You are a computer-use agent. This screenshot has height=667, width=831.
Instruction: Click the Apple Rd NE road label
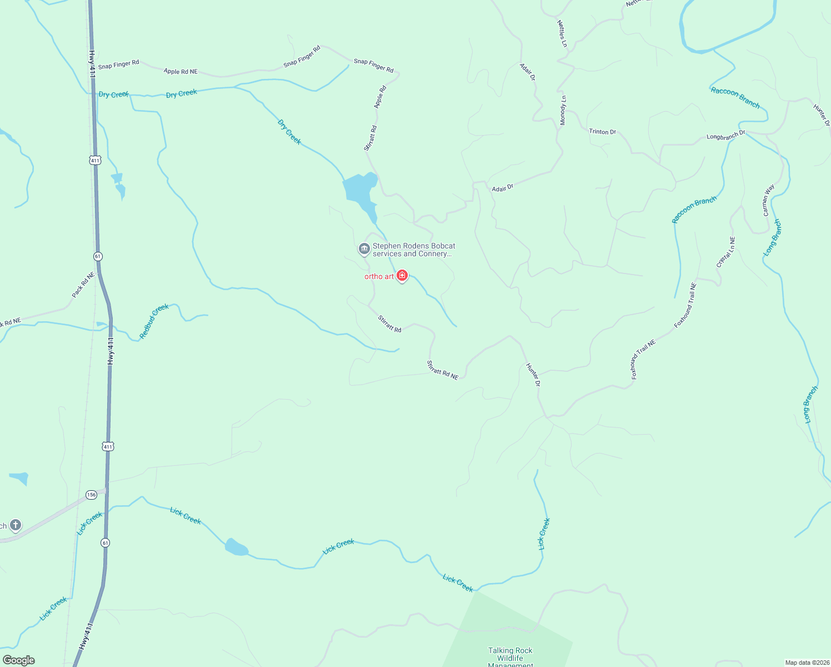tap(181, 72)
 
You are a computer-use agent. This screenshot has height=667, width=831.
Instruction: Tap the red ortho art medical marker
tap(402, 276)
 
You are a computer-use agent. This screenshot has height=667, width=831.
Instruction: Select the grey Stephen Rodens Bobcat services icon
tap(364, 249)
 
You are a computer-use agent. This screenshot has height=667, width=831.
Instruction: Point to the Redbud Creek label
tap(154, 321)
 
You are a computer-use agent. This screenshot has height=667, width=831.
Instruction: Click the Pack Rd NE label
tap(83, 284)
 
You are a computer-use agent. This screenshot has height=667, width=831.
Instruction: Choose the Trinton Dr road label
tap(602, 132)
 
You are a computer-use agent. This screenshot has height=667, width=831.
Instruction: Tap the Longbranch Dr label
tap(725, 135)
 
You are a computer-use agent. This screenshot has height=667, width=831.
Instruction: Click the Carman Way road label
tap(768, 200)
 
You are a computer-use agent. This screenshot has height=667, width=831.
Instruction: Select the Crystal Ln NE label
tap(725, 252)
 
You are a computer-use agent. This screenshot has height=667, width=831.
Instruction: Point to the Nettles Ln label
tap(562, 33)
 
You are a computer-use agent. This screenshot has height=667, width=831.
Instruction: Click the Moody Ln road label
tap(563, 110)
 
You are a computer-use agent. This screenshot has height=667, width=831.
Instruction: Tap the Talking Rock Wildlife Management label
tap(510, 656)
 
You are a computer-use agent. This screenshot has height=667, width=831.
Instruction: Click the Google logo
tap(18, 660)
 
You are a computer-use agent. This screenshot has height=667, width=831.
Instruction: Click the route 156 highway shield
tap(91, 494)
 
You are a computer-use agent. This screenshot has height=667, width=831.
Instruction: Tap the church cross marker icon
tap(16, 525)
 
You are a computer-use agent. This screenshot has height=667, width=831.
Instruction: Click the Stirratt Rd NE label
tap(442, 370)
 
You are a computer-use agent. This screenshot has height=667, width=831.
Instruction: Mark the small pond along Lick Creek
tap(236, 547)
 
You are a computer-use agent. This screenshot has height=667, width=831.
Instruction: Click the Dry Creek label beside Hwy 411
tap(113, 94)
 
